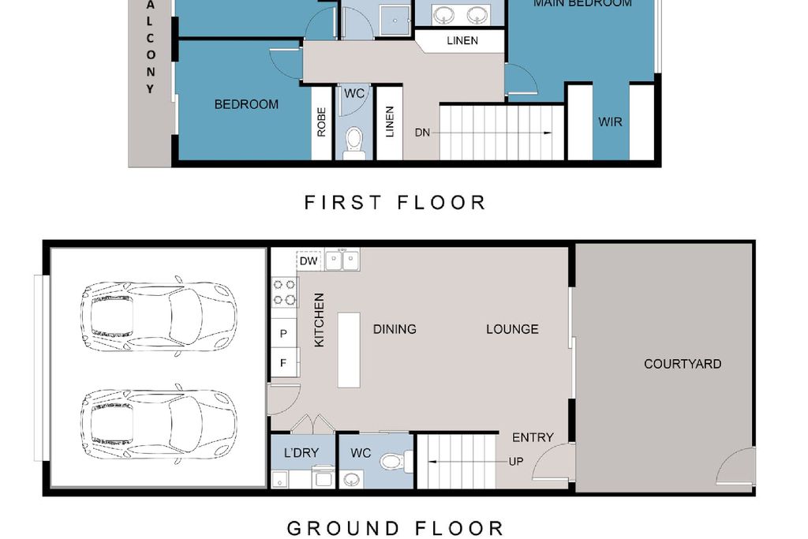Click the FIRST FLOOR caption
[x=395, y=203]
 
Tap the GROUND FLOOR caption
[x=395, y=528]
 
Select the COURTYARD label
[x=683, y=364]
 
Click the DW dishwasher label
[x=309, y=260]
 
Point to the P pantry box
[x=283, y=334]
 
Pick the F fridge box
[x=283, y=363]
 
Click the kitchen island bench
[x=349, y=350]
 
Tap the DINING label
[x=395, y=329]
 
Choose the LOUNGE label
[x=512, y=329]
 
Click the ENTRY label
[x=533, y=437]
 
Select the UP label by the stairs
[x=515, y=462]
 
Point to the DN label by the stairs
[x=423, y=133]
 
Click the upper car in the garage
[x=158, y=316]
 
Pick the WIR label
[x=610, y=122]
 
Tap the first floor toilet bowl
[x=354, y=140]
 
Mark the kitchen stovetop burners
[x=283, y=291]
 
